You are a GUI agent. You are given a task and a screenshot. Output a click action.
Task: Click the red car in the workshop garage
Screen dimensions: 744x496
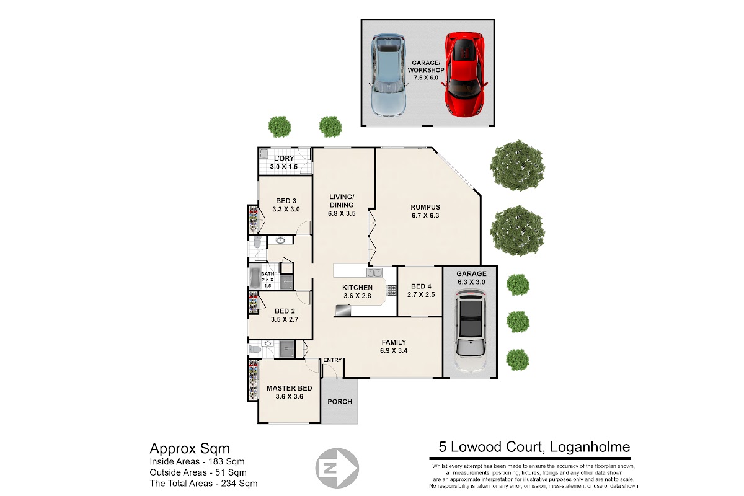point(464,74)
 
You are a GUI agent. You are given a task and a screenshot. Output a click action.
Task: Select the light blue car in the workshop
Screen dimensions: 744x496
point(389,75)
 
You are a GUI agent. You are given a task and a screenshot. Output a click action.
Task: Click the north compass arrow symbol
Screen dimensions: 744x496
point(337,468)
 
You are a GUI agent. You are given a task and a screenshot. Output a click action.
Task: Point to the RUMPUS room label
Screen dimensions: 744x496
point(425,207)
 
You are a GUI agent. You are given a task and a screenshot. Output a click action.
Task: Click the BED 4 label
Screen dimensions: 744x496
point(421,286)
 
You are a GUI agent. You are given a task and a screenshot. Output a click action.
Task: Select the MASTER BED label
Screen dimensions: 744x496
point(290,388)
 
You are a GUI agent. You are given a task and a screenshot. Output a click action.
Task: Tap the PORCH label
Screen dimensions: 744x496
point(340,401)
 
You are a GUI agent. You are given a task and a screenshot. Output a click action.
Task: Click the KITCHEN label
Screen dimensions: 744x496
point(357,287)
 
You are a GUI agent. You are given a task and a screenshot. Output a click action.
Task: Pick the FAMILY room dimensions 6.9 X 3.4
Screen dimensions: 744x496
point(394,350)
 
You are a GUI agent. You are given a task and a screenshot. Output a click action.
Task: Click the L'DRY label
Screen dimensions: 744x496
point(284,158)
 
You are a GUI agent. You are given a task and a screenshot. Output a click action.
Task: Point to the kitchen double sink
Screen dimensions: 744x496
point(374,272)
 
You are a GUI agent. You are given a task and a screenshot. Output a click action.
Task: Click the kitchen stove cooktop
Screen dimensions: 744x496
point(392,290)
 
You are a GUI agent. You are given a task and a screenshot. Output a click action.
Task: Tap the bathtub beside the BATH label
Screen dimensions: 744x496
point(255,277)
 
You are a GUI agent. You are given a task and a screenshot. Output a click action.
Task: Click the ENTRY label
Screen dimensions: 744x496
point(332,360)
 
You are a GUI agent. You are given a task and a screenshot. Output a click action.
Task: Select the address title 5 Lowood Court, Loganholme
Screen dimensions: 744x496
point(534,447)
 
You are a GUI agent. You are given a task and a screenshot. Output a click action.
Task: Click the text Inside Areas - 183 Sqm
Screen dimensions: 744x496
point(197,461)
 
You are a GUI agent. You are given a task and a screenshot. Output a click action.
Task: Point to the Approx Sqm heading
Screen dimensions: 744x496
point(190,449)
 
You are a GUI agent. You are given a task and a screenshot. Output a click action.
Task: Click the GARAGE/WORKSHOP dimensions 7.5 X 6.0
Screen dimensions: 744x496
point(426,77)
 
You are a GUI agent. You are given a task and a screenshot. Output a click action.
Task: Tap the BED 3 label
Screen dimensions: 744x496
point(286,201)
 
